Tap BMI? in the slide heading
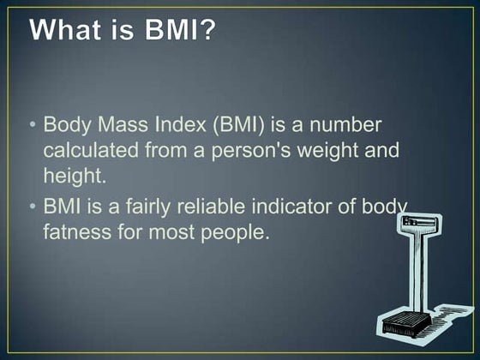click(181, 32)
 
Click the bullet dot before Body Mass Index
click(33, 124)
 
